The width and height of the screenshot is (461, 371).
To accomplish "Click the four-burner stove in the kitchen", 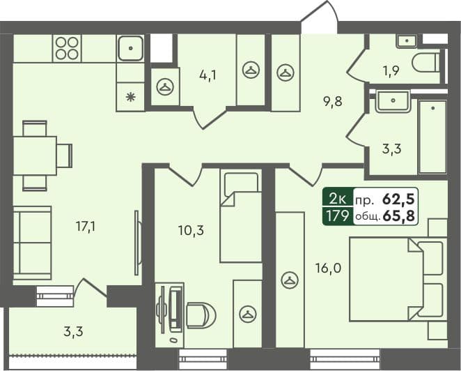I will point(67,48).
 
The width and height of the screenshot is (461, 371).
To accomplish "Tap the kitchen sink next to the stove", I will point(130,48).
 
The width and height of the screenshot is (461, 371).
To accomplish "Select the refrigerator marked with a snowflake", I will point(130,97).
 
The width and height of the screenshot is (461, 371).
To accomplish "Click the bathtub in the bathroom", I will point(432,137).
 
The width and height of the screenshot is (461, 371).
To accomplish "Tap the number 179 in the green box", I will point(336,215).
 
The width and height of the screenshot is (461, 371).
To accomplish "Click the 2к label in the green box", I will point(336,198).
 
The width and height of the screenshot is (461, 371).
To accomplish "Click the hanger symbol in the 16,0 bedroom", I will point(289,280).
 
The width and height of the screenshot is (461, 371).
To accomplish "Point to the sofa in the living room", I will point(31,242).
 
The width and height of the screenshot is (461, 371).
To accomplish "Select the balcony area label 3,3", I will point(73,331).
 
